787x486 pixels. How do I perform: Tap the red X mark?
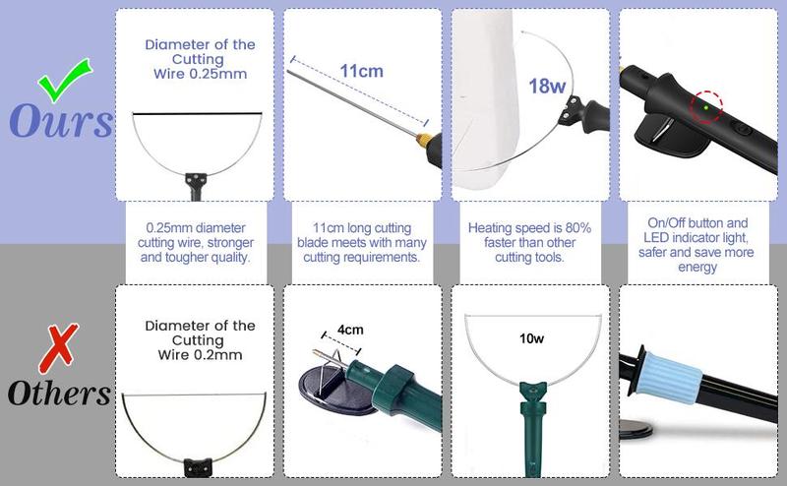pyautogui.click(x=59, y=348)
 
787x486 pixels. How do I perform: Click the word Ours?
pyautogui.click(x=61, y=120)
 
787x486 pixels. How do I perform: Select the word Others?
pyautogui.click(x=59, y=393)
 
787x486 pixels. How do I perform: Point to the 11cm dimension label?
pyautogui.click(x=361, y=71)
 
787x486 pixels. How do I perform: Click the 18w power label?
pyautogui.click(x=547, y=86)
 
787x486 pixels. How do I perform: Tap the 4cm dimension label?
pyautogui.click(x=350, y=330)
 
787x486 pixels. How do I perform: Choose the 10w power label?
pyautogui.click(x=531, y=338)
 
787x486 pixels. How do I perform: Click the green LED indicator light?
pyautogui.click(x=706, y=107)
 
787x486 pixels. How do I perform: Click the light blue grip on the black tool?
pyautogui.click(x=672, y=379)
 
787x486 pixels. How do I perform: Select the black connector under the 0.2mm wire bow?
pyautogui.click(x=199, y=467)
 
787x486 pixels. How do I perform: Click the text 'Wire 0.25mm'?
pyautogui.click(x=201, y=74)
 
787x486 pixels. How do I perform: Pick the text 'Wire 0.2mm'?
pyautogui.click(x=200, y=355)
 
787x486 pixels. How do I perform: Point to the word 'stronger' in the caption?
pyautogui.click(x=230, y=243)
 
